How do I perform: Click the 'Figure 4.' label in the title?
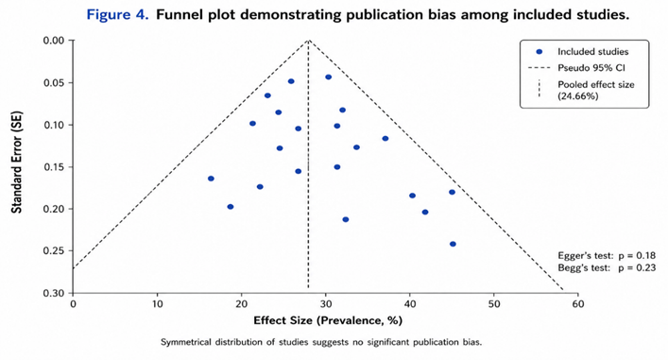[x=118, y=15]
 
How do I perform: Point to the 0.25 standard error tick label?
[x=54, y=251]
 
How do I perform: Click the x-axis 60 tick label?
[x=578, y=304]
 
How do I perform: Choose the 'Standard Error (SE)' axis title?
[x=17, y=163]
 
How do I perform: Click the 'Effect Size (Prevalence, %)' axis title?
[x=328, y=320]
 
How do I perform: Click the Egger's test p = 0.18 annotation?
[x=607, y=256]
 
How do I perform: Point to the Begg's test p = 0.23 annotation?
[x=607, y=267]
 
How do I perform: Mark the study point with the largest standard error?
[x=453, y=244]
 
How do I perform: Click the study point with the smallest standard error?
[x=328, y=77]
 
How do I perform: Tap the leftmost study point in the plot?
[x=211, y=179]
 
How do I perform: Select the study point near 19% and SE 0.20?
[x=231, y=207]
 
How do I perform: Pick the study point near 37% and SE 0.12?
[x=385, y=139]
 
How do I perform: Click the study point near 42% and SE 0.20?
[x=425, y=213]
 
